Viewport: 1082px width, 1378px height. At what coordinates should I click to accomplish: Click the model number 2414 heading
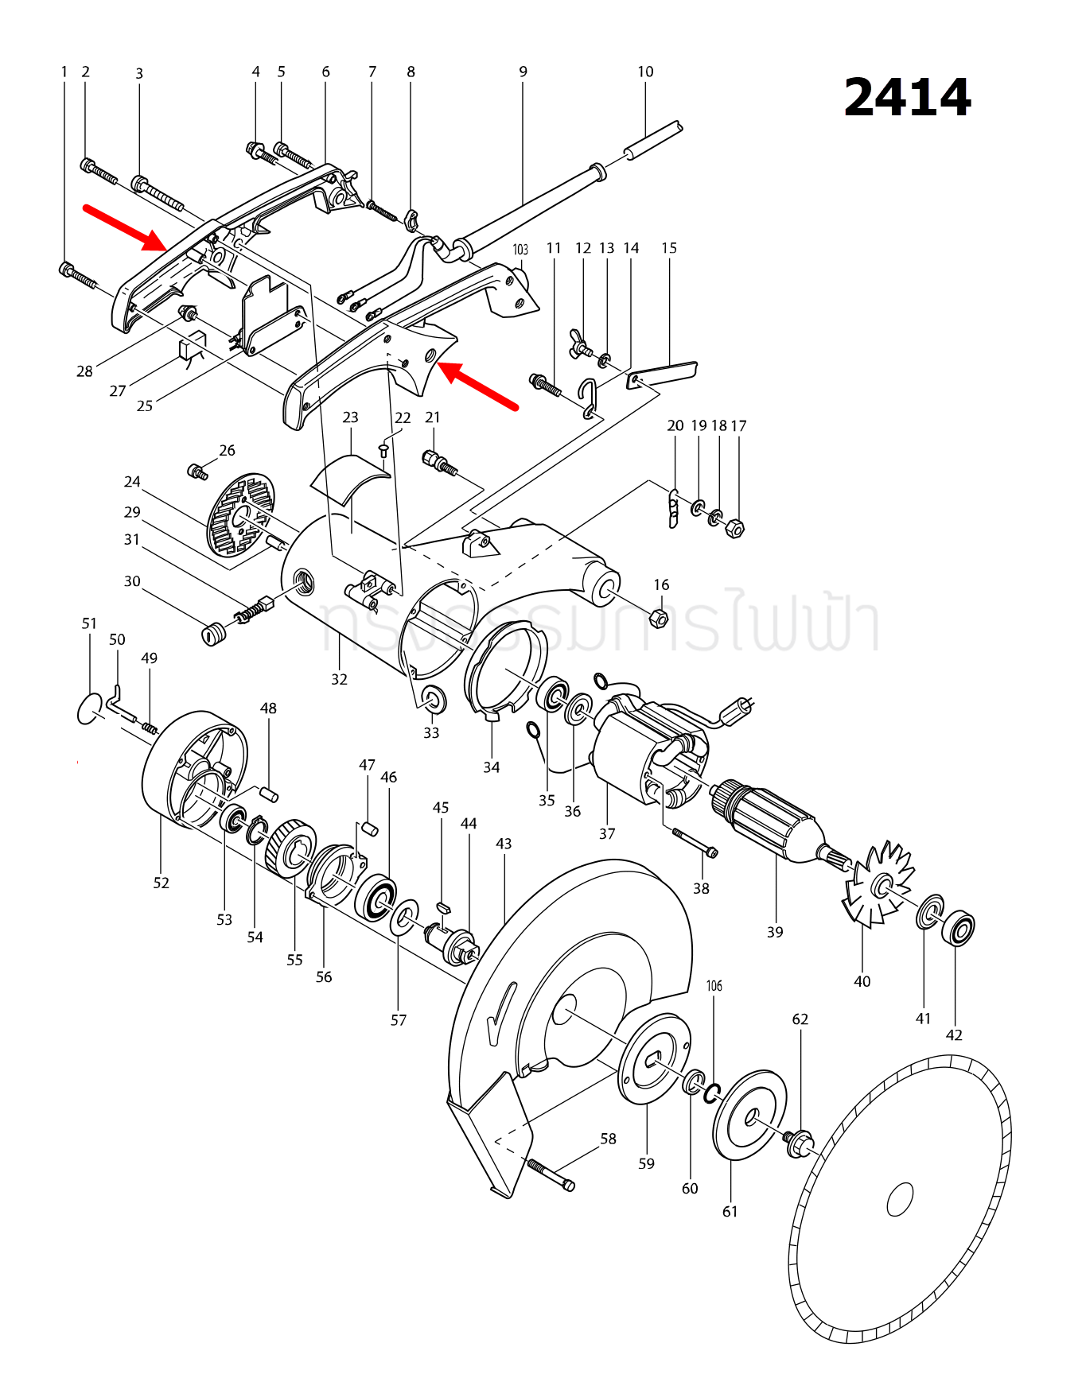[x=907, y=98]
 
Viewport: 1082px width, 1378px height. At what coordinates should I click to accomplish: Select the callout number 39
[x=775, y=932]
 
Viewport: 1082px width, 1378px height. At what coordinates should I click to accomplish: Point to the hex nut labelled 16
[x=659, y=617]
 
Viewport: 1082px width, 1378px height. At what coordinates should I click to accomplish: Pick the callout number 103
[x=520, y=250]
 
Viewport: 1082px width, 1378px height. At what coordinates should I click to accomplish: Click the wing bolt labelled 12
[x=582, y=343]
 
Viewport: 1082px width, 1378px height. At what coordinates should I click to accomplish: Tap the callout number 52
[x=162, y=883]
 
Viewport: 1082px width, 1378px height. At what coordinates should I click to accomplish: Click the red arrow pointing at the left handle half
[x=125, y=227]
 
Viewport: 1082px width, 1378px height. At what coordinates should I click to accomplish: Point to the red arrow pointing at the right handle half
[x=478, y=386]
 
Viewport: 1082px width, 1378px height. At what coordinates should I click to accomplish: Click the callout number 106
[x=714, y=986]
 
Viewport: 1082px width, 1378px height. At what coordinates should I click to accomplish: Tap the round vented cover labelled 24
[x=240, y=514]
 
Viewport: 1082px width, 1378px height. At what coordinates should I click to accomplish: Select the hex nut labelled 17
[x=736, y=528]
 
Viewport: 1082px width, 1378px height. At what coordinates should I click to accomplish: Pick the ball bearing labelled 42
[x=958, y=929]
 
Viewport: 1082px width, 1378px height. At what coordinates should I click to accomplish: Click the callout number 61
[x=730, y=1211]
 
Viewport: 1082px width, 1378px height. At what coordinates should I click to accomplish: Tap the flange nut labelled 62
[x=799, y=1143]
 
